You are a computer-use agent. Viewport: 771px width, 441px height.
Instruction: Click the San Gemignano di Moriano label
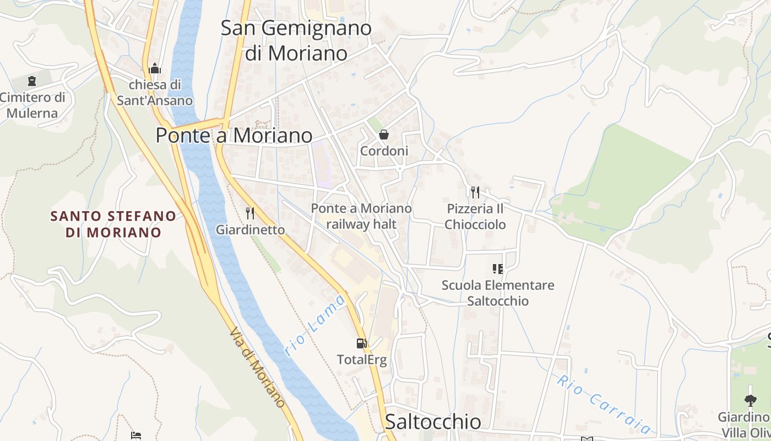point(296,40)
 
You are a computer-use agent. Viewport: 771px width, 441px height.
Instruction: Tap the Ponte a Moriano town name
point(234,135)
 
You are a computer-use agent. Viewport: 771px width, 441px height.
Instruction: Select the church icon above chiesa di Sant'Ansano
point(155,69)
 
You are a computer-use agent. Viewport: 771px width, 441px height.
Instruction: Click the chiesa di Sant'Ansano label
point(155,93)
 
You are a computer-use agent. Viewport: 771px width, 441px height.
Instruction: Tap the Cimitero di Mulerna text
point(32,105)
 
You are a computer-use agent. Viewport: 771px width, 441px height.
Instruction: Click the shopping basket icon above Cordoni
point(384,135)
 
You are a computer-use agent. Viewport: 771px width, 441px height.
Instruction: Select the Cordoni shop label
point(384,151)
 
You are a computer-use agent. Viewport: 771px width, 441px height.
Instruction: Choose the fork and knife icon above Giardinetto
point(250,213)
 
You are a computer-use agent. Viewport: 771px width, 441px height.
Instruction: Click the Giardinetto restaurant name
point(250,229)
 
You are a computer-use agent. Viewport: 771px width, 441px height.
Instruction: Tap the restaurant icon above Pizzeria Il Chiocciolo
point(475,192)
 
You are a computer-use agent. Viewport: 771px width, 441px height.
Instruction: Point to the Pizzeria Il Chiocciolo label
point(475,217)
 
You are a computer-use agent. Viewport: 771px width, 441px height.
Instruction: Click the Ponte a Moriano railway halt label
point(361,216)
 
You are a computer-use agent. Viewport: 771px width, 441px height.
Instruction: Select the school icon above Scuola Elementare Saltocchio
point(498,269)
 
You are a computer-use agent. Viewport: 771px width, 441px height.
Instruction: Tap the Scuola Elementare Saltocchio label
point(498,293)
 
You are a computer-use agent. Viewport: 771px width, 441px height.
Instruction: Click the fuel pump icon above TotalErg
point(362,343)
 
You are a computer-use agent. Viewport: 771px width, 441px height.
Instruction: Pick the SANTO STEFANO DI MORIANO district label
point(113,224)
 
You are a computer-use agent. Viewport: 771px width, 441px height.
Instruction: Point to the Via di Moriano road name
point(257,368)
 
